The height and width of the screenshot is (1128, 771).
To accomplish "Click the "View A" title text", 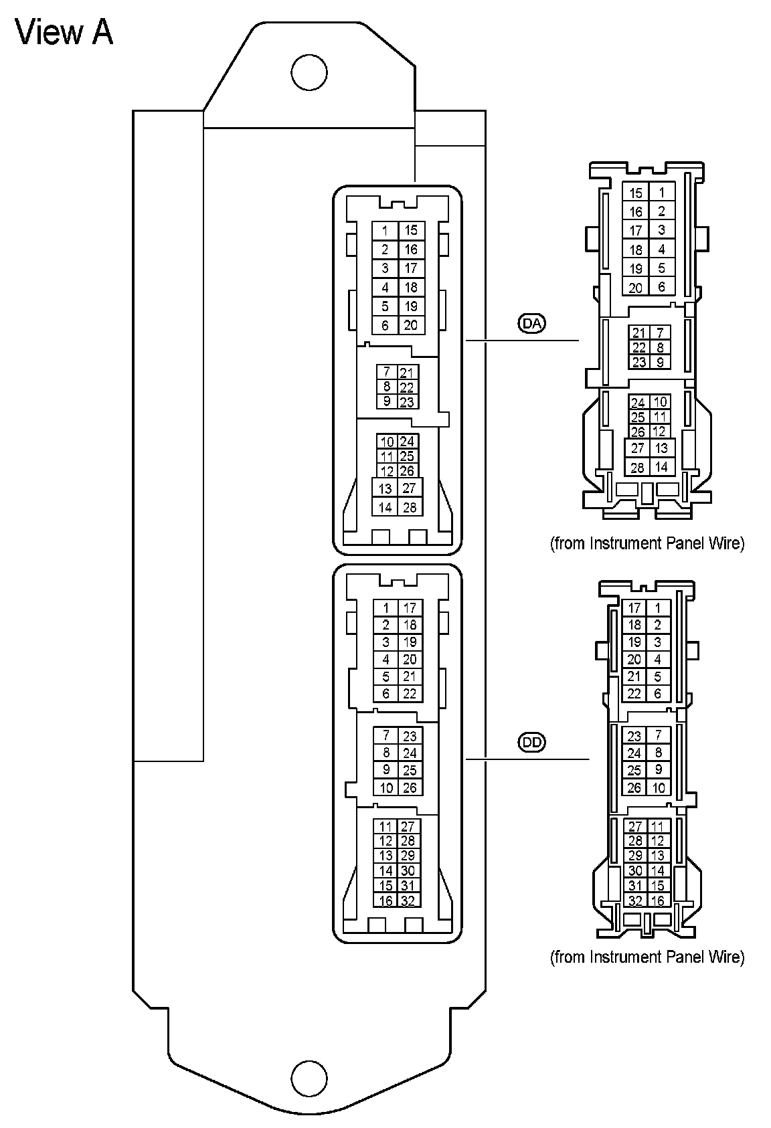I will coord(64,32).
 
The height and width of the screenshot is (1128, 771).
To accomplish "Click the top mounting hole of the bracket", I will coord(310,71).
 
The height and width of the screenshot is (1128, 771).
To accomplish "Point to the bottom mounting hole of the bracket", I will coord(310,1078).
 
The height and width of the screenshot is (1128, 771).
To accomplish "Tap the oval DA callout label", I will coord(532,324).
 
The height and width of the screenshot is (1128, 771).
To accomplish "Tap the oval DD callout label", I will coord(532,742).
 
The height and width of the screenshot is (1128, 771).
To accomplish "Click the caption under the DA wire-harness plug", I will coord(647,543).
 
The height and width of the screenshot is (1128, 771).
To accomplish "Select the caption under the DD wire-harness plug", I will coord(647,957).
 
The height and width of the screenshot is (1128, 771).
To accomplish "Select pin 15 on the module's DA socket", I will coord(411,230).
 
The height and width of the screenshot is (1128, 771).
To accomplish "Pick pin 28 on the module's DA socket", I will coord(410,507).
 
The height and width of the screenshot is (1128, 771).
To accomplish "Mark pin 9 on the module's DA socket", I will coord(386,401).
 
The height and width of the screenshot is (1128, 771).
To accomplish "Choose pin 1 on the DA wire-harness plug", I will coord(661,193).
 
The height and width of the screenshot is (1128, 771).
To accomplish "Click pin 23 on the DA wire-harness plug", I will coord(638,362).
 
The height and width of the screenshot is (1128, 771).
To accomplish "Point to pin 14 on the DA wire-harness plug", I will coord(661,467).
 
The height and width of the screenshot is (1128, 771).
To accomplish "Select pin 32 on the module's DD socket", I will coord(408,901).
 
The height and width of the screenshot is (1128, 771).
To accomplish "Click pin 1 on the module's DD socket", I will coord(385,608).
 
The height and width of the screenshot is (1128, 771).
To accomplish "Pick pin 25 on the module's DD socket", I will coord(410,770).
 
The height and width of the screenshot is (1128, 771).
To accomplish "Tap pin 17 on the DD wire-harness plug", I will coord(634,608).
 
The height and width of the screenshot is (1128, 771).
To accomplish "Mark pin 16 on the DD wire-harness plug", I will coord(657,901).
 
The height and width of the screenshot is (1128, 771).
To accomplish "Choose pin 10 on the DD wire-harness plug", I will coord(659,787).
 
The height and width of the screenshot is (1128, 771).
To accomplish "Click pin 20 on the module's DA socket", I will coord(411,325).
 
